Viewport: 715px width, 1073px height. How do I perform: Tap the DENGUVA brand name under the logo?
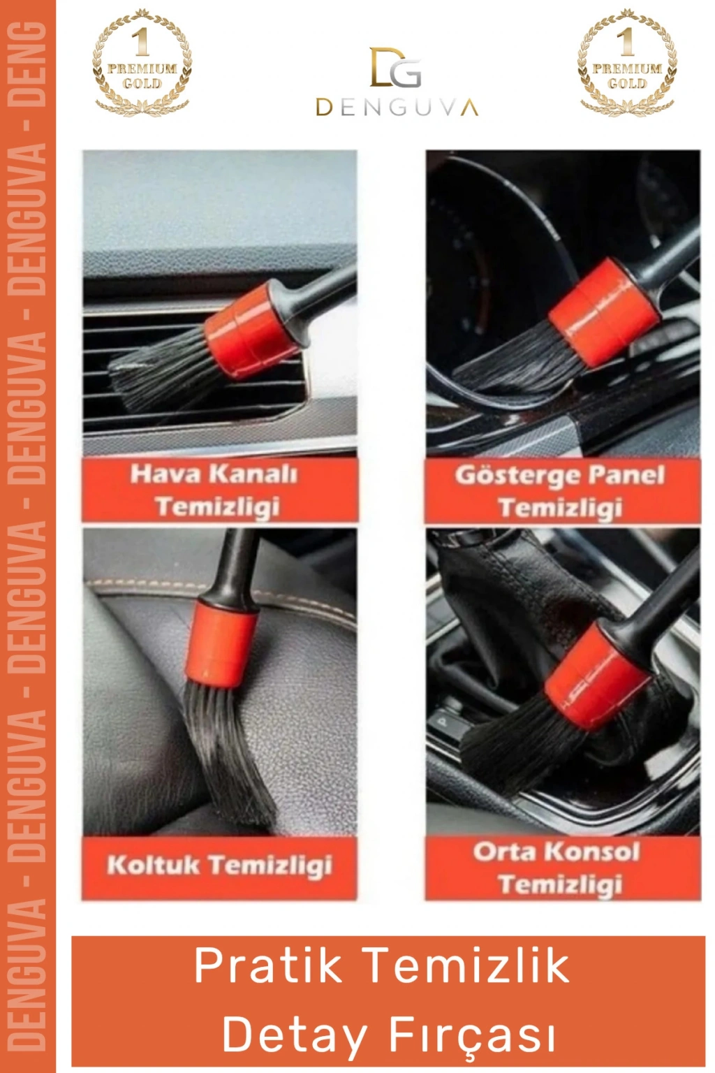click(397, 108)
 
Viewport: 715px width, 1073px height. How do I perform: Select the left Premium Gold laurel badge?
click(142, 62)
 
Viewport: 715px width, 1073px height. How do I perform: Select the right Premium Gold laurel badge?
click(627, 62)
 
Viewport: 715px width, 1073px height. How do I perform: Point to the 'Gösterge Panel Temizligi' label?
click(560, 491)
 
